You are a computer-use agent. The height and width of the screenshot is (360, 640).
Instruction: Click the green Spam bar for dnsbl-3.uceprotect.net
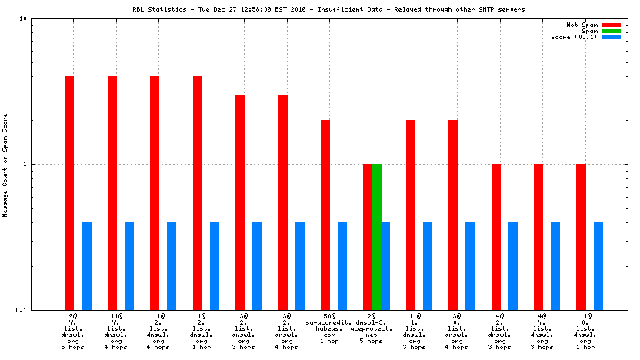point(376,236)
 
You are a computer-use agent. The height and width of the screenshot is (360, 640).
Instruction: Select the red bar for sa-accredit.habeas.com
point(325,215)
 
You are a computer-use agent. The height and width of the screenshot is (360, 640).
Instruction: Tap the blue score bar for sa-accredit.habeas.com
point(342,265)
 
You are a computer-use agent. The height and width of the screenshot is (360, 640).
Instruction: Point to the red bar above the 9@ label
point(69,192)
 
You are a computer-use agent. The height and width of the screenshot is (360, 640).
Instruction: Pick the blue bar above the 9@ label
point(87,265)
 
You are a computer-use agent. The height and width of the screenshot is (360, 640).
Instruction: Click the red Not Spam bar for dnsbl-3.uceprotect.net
point(368,236)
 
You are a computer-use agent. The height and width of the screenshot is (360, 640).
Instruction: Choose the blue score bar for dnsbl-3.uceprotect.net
point(385,265)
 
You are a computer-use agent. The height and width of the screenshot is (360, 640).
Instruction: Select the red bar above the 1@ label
point(198,192)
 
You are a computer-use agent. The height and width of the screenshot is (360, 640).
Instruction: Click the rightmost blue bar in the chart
point(598,265)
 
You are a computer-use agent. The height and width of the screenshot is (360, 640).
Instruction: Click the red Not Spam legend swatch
point(611,25)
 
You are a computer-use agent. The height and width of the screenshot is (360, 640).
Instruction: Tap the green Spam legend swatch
point(611,31)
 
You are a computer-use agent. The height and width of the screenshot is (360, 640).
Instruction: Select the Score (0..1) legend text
point(574,37)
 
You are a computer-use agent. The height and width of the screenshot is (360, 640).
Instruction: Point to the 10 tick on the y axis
point(45,19)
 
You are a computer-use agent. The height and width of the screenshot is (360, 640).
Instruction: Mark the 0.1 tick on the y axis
point(43,310)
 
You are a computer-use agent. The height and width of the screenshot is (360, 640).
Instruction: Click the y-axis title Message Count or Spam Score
point(6,165)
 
